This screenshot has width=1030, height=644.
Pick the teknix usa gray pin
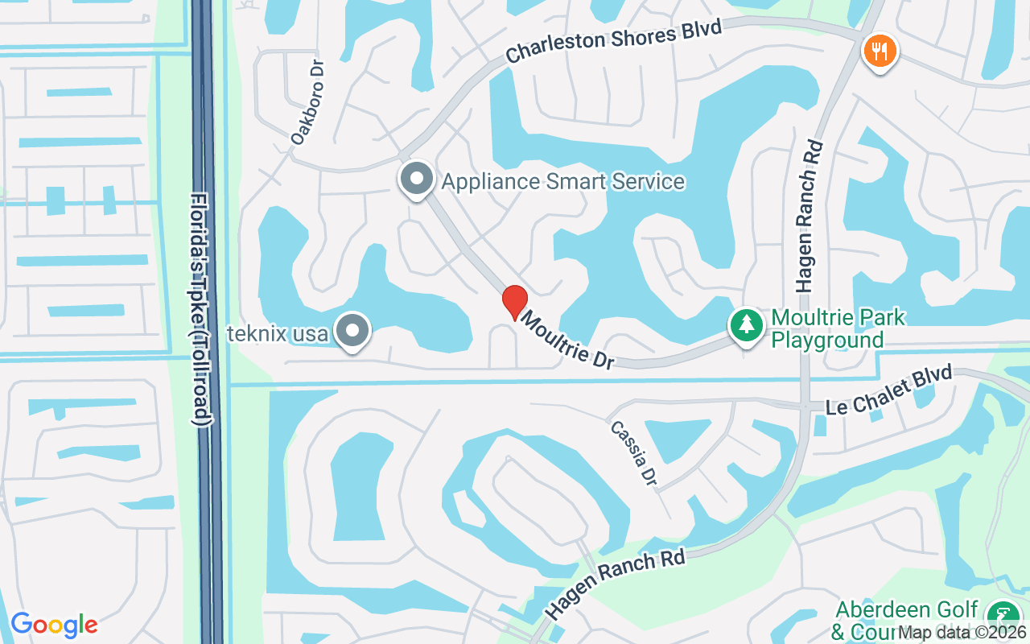point(352,331)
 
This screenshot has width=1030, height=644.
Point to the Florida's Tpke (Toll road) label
point(201,309)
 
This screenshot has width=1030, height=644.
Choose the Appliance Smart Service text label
point(562,181)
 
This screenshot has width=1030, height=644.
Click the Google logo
point(54,624)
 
